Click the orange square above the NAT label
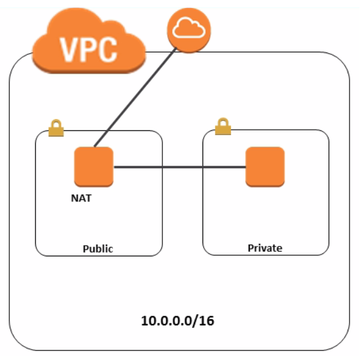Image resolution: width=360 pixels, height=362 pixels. coord(93,167)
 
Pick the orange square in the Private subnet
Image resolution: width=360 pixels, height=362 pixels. coord(265,167)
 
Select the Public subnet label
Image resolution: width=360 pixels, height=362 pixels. coord(98,250)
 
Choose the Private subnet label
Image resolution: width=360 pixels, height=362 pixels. coord(265,248)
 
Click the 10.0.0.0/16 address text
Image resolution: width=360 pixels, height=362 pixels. coord(178,321)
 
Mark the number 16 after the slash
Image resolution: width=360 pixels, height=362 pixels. coord(207,321)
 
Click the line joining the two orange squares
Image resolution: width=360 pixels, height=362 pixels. coord(179,167)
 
